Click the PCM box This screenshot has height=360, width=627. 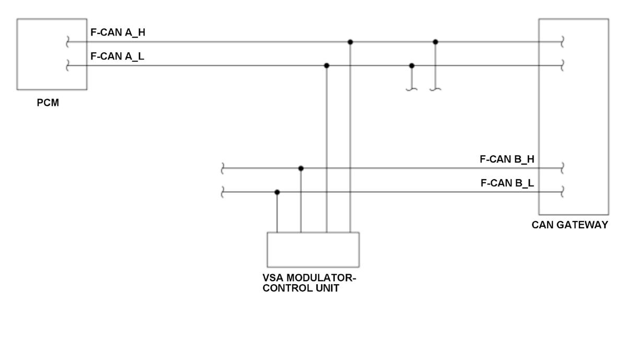pos(51,54)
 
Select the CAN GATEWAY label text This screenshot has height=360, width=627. pos(570,225)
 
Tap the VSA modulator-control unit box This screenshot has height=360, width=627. pos(313,249)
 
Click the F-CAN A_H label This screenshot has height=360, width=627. pos(118,32)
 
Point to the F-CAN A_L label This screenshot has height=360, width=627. pos(117,56)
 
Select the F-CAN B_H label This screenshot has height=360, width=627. pos(507,159)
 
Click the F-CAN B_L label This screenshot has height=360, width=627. pos(507,183)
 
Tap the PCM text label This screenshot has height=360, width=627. pos(48,103)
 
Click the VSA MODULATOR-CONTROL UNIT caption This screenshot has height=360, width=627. pos(309,283)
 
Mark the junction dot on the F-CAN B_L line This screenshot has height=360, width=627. pos(277,192)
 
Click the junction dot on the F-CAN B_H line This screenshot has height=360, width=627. pos(300,168)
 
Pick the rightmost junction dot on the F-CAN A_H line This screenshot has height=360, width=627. pos(435,42)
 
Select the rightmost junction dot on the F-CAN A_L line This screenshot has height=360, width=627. pos(412,65)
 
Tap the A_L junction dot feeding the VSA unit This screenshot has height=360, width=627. pos(327,65)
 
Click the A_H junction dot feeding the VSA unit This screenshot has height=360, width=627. pos(350,42)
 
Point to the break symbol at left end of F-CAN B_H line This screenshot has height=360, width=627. pos(223,168)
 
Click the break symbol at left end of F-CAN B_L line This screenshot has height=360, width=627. pos(223,192)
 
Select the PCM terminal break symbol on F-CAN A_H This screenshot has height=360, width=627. pos(67,42)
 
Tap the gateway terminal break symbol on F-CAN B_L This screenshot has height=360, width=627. pos(562,192)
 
